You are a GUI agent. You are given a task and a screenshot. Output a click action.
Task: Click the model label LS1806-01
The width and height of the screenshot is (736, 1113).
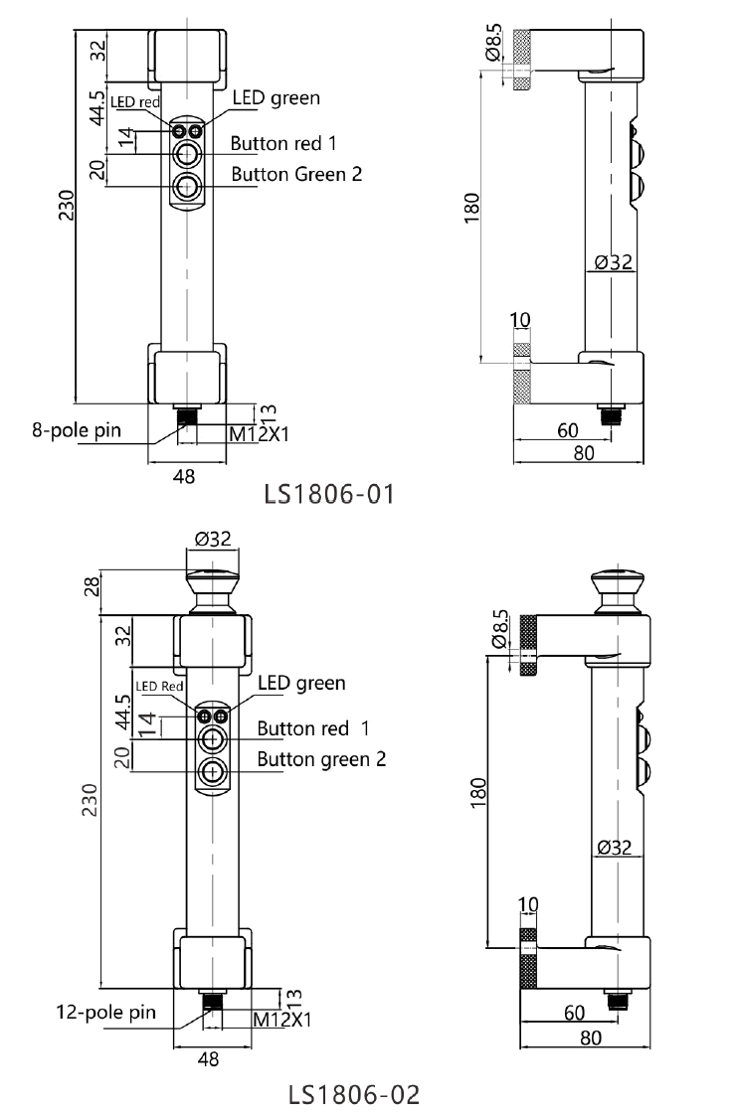[329, 494]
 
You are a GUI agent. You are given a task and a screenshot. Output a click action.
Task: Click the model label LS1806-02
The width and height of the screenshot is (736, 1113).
[354, 1094]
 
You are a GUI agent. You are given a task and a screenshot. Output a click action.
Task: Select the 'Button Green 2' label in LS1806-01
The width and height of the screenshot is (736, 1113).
[296, 174]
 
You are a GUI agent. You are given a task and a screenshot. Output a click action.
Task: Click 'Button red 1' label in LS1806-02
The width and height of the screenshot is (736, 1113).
[312, 728]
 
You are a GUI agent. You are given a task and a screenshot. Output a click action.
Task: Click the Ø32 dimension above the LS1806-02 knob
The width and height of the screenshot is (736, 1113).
[213, 539]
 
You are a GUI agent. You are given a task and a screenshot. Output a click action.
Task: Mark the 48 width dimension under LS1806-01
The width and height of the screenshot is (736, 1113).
[184, 476]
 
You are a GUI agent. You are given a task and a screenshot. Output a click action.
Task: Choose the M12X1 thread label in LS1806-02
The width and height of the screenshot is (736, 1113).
[282, 1020]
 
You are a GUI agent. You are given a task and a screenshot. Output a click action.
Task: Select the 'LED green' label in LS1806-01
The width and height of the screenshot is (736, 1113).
[276, 97]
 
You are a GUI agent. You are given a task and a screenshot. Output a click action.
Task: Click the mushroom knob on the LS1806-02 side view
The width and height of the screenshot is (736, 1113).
[619, 590]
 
